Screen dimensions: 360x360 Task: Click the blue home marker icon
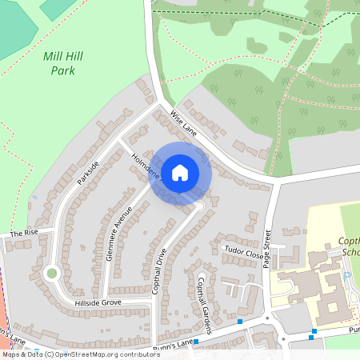click(180, 172)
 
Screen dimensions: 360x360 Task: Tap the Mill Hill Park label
click(63, 63)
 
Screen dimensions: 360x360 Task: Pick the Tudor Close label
click(242, 251)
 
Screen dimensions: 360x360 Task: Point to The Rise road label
click(24, 233)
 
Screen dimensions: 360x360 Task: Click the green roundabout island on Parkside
click(52, 274)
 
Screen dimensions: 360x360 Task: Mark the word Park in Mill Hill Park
click(63, 70)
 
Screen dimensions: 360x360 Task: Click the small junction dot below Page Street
click(282, 340)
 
